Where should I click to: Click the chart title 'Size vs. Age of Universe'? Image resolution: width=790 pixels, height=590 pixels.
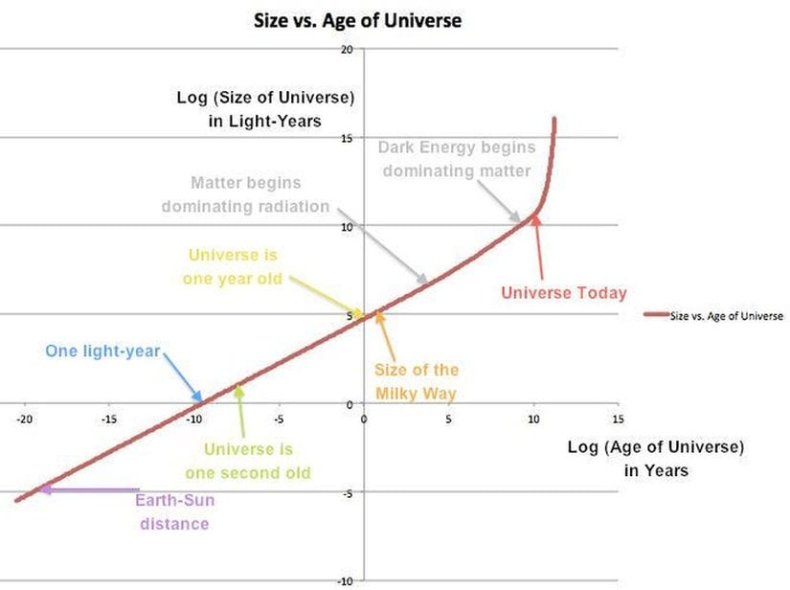pyautogui.click(x=357, y=19)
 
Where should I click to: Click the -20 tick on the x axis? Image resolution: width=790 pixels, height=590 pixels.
pyautogui.click(x=25, y=419)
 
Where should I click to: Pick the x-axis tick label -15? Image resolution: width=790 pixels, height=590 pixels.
pyautogui.click(x=109, y=419)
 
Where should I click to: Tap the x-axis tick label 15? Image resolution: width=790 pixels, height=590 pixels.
pyautogui.click(x=618, y=419)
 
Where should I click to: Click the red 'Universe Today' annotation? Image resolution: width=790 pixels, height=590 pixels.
pyautogui.click(x=564, y=292)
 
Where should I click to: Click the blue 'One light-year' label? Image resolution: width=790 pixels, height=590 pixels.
pyautogui.click(x=102, y=351)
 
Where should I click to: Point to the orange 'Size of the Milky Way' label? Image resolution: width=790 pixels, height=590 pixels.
pyautogui.click(x=417, y=381)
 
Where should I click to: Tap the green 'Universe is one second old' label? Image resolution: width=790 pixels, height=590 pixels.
pyautogui.click(x=248, y=461)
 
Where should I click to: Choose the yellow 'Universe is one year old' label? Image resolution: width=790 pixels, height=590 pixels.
pyautogui.click(x=235, y=266)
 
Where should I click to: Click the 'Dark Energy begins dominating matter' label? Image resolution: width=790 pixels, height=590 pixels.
pyautogui.click(x=456, y=159)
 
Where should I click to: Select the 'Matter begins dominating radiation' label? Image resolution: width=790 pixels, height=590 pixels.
pyautogui.click(x=245, y=194)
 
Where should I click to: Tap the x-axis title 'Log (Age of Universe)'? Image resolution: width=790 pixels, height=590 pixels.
pyautogui.click(x=656, y=447)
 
